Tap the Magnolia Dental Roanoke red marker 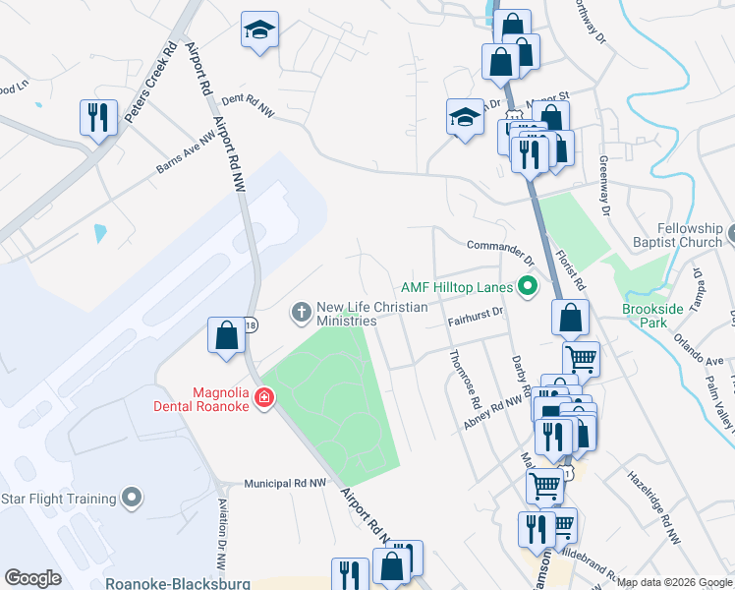[263, 397]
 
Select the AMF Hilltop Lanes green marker [528, 287]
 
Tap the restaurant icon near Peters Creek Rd [97, 118]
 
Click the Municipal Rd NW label [285, 484]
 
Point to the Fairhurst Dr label [476, 316]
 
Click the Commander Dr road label [500, 253]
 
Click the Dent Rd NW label [247, 106]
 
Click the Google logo [33, 578]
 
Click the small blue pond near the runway [100, 234]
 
